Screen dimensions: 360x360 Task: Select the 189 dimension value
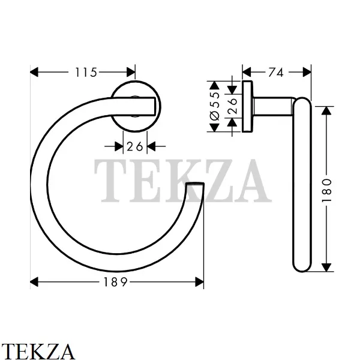115,282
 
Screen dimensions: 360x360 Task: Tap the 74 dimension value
276,73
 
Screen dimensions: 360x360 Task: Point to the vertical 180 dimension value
327,190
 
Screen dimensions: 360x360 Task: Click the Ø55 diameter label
215,106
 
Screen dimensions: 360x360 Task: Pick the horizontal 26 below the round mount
135,146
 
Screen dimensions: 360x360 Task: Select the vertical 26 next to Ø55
232,106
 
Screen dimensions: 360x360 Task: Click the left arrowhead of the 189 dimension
34,282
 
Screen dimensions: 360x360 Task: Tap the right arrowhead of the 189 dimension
199,282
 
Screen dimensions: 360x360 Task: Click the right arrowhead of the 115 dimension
131,72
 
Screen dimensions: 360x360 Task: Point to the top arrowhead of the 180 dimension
326,111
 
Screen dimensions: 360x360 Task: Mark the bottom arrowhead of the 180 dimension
326,267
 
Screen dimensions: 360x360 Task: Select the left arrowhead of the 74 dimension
247,72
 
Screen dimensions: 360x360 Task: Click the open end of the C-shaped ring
195,184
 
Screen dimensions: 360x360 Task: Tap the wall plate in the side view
247,107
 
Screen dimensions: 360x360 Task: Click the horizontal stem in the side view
273,106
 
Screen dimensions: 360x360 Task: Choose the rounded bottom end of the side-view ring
302,266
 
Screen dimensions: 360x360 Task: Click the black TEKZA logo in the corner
37,351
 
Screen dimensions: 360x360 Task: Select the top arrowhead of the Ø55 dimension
214,85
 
